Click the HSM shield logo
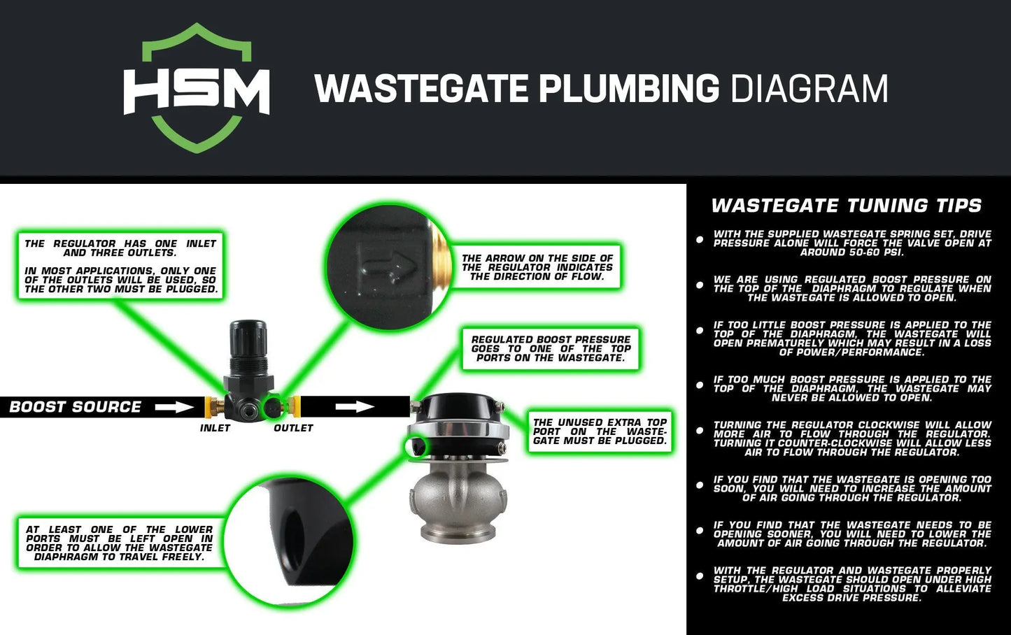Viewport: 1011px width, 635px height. point(197,88)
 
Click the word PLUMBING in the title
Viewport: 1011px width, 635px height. point(628,90)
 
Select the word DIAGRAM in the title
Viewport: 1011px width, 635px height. point(809,90)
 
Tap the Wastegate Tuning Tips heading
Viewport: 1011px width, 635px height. point(847,206)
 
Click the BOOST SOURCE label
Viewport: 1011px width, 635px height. point(76,407)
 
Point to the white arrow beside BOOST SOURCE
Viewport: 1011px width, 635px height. point(174,407)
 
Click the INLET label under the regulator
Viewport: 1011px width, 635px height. point(215,428)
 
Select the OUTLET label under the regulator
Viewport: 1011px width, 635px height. point(293,428)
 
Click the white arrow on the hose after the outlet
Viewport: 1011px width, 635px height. point(355,406)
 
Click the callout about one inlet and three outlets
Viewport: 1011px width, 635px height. point(120,266)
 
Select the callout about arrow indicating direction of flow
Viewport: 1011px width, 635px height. point(537,267)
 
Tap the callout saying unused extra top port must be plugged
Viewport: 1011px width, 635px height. point(600,431)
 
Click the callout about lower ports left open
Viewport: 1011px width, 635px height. point(119,543)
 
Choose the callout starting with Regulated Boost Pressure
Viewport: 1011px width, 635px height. point(551,348)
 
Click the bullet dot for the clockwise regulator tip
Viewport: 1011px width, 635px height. point(700,431)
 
